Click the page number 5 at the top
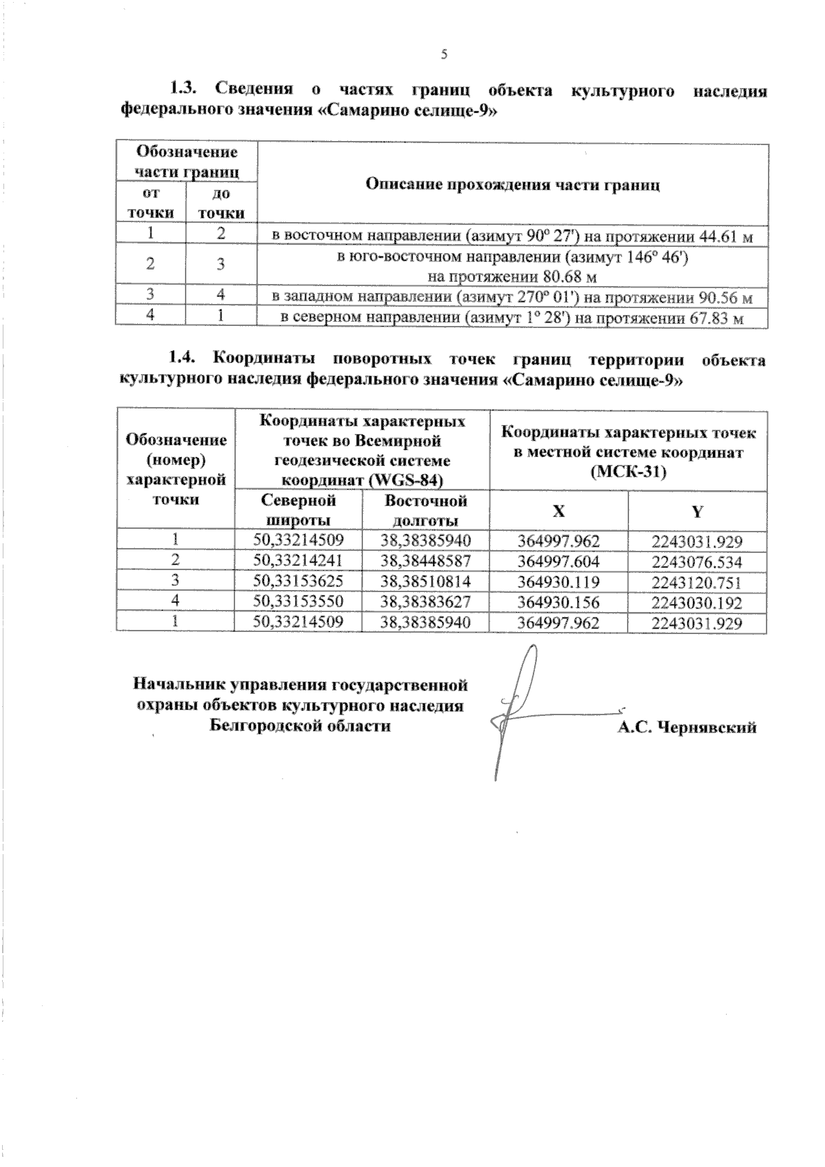point(443,55)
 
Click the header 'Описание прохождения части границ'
point(512,184)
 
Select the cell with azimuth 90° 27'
point(512,237)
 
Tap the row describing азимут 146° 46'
point(512,267)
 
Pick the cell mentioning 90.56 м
point(512,298)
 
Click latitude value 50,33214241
point(298,561)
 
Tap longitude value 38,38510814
point(426,582)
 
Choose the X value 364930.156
point(558,602)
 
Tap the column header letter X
point(558,511)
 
